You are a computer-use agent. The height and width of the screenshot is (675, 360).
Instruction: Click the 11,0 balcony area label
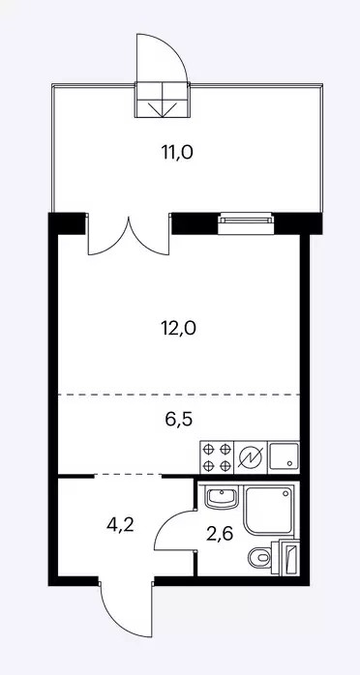click(x=177, y=153)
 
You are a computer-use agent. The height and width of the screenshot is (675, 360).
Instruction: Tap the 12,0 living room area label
click(x=178, y=329)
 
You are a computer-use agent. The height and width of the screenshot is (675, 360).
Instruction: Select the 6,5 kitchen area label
click(x=178, y=419)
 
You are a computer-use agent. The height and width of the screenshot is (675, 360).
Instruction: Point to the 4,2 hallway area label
click(x=121, y=525)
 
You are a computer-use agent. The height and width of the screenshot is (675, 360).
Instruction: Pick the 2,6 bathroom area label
click(x=220, y=534)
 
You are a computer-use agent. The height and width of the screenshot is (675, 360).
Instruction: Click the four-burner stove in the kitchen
click(x=217, y=457)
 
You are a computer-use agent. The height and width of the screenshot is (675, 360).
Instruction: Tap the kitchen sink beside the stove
click(x=284, y=457)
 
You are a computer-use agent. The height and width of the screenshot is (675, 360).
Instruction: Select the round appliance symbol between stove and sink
click(x=251, y=457)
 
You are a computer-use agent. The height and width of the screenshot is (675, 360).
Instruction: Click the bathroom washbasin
click(x=220, y=498)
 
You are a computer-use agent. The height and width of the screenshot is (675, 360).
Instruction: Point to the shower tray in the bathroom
click(x=268, y=510)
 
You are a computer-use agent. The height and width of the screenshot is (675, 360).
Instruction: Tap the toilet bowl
click(x=259, y=557)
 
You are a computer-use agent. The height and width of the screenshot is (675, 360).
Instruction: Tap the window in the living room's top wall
click(x=246, y=223)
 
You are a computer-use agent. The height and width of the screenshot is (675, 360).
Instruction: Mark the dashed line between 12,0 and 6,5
click(x=179, y=395)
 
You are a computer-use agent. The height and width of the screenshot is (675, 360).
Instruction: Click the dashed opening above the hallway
click(x=128, y=475)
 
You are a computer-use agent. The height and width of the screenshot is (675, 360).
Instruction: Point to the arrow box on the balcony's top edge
click(x=162, y=100)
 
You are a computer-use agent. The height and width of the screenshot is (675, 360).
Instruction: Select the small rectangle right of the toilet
click(x=287, y=557)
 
